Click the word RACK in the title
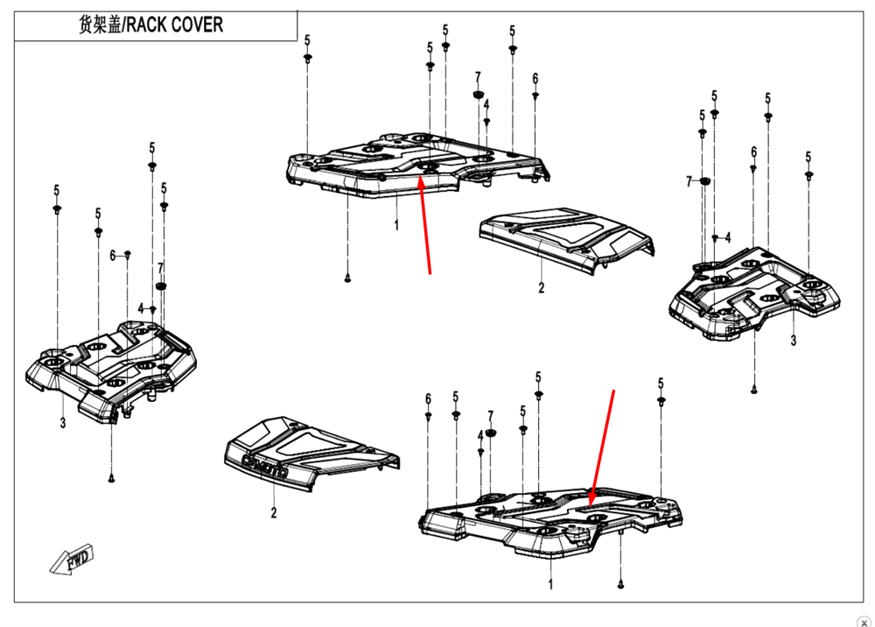pos(149,25)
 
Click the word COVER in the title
pos(197,25)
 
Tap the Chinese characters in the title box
pos(98,25)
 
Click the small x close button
pos(864,620)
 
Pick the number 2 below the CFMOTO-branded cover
pos(273,513)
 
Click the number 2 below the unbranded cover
pos(541,288)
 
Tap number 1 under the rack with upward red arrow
pos(395,225)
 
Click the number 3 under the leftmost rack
pos(63,424)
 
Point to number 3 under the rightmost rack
pos(793,341)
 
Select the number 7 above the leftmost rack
pos(160,267)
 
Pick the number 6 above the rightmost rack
pos(753,151)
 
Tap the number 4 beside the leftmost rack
pos(140,308)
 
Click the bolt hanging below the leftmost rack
pos(113,478)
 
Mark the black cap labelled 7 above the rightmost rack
pos(706,182)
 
